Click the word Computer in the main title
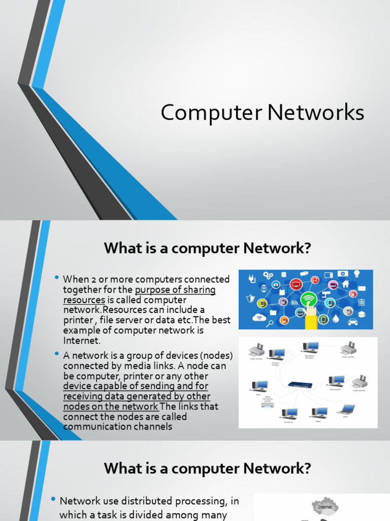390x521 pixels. tap(210, 113)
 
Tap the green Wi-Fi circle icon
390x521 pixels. tap(308, 299)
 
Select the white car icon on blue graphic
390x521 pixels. tap(352, 322)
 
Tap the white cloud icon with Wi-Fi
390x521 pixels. tap(259, 318)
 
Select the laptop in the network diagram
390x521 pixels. tap(346, 409)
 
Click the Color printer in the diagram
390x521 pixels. tap(348, 349)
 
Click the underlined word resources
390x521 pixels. tap(84, 300)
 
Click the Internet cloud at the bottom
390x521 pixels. tap(324, 507)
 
